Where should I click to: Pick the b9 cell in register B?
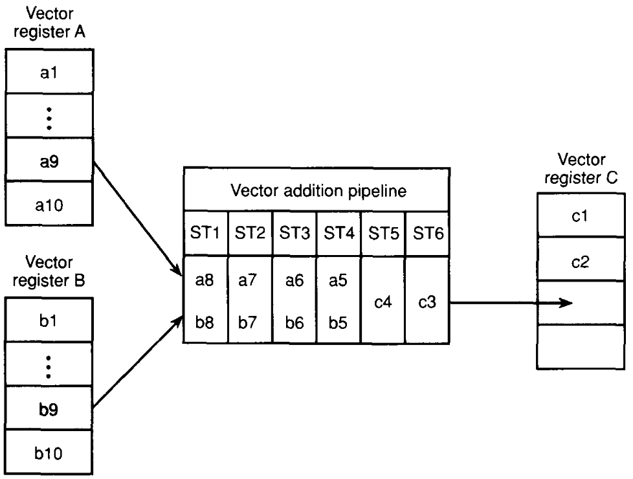point(49,409)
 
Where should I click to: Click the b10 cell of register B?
point(49,452)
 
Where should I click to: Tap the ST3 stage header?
point(294,234)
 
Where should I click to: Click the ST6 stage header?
point(427,234)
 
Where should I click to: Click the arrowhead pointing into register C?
point(567,303)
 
